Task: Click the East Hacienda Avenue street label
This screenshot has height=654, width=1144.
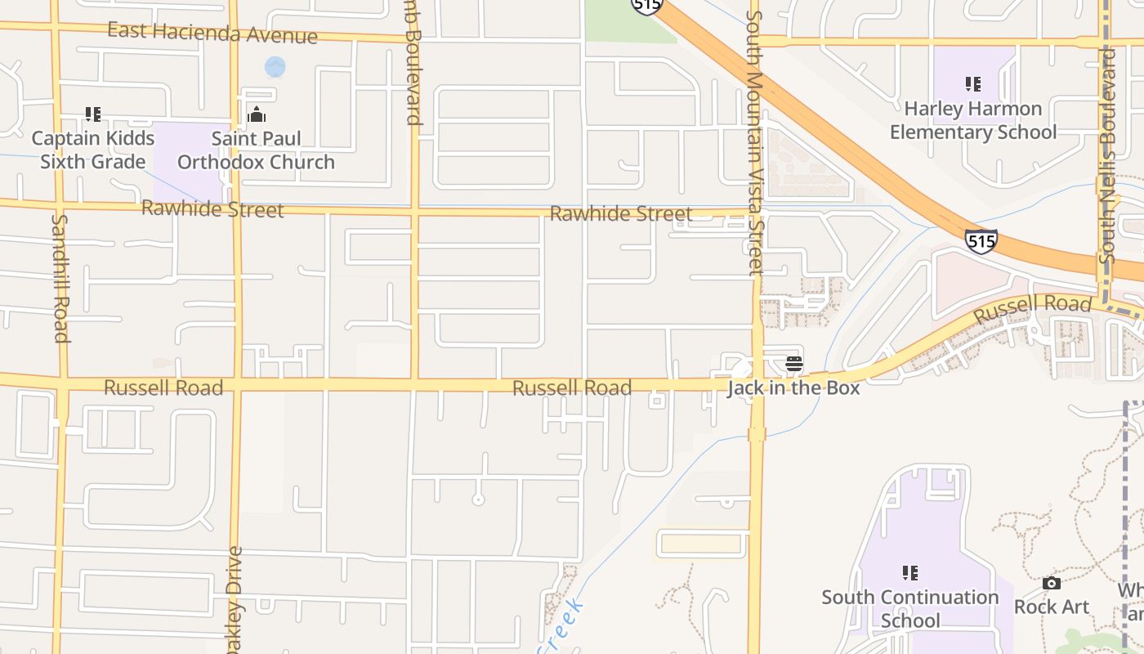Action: coord(212,34)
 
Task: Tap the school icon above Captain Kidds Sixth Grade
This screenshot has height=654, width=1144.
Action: coord(93,114)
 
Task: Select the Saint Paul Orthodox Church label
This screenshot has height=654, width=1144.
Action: coord(256,150)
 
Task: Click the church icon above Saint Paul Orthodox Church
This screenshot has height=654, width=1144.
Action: coord(257,114)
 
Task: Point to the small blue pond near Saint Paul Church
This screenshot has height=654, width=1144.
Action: coord(275,67)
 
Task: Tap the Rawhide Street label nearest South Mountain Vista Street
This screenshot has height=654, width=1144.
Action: coord(621,214)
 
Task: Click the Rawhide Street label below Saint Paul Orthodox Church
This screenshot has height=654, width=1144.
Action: coord(212,209)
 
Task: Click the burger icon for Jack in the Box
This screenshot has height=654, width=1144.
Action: coord(793,364)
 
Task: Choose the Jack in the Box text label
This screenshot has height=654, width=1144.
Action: coord(793,387)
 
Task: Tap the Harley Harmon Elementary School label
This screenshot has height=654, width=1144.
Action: coord(972,120)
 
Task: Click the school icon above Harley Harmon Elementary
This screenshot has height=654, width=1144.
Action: coord(972,83)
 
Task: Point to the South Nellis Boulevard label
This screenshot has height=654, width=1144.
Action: coord(1108,155)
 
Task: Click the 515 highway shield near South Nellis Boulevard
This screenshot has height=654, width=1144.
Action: coord(981,241)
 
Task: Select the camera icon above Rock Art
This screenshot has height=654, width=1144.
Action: coord(1052,583)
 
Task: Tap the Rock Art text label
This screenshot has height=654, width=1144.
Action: coord(1052,607)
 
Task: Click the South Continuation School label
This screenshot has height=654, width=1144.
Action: coord(910,609)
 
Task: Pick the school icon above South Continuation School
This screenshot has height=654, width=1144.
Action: coord(910,572)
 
